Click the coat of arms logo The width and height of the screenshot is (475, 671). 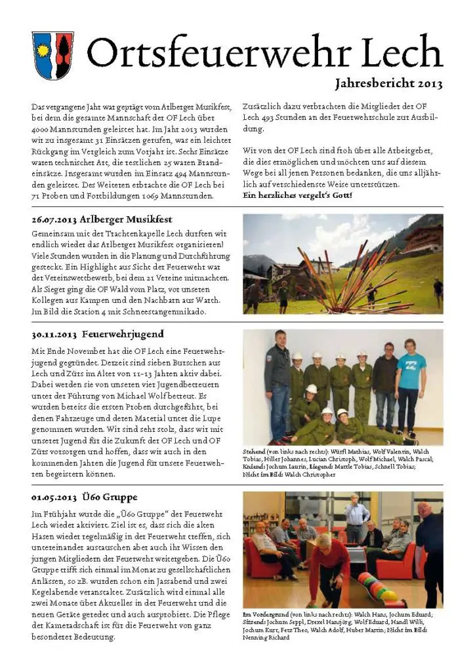click(52, 55)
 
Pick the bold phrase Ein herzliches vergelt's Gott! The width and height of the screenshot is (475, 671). click(297, 195)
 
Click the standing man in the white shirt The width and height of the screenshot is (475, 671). click(357, 518)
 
